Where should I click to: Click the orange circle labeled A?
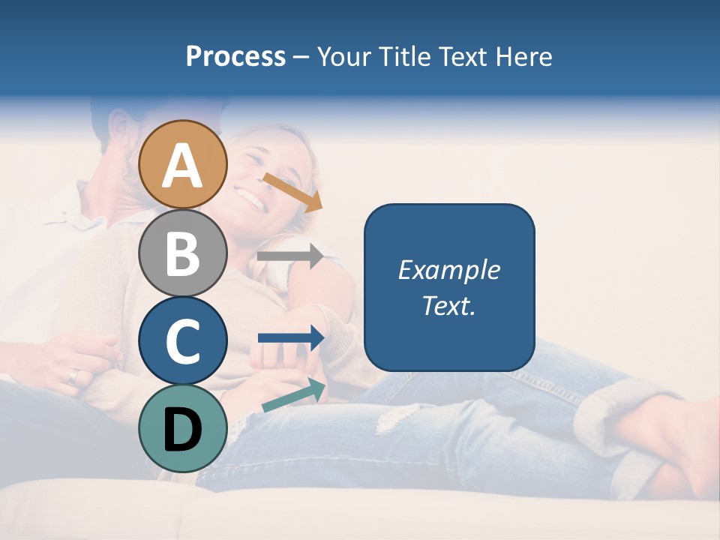183,164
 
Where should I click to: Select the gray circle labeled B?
183,253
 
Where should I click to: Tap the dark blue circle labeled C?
183,340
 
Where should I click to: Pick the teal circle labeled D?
183,428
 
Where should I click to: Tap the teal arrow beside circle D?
293,395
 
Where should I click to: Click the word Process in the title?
235,57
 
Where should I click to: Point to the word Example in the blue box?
448,271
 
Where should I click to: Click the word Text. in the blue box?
448,305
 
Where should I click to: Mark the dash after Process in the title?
301,57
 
